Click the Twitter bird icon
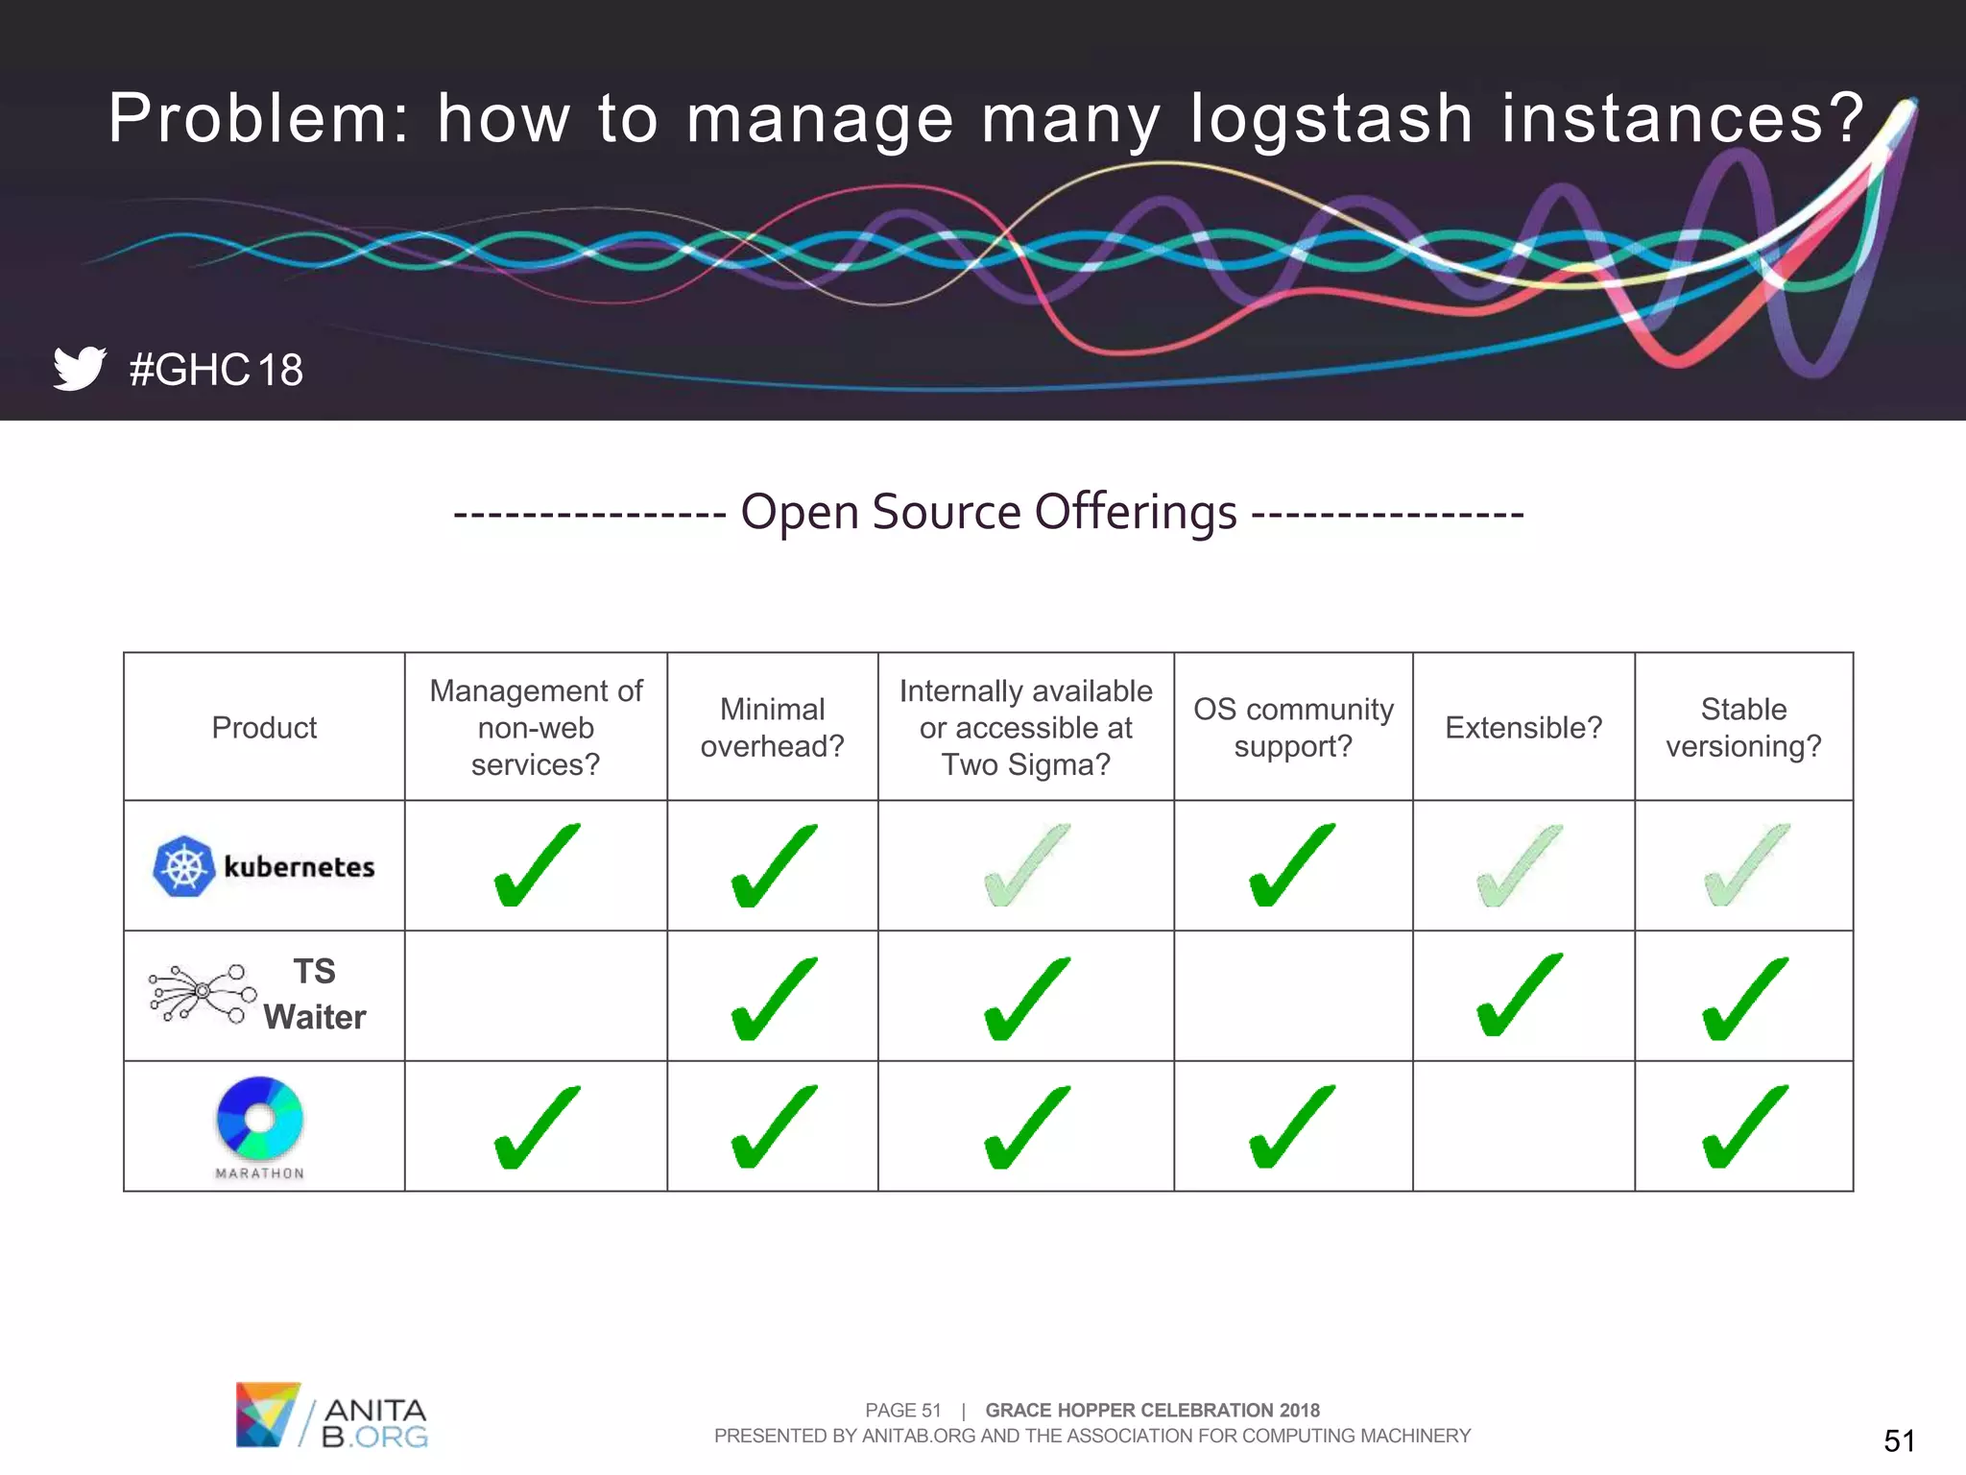pos(79,368)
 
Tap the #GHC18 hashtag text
pos(216,370)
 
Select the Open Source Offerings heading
pos(989,512)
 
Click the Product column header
pos(264,728)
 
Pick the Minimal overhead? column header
pos(772,728)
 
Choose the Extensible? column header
pos(1523,728)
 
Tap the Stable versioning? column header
pos(1743,728)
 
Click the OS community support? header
pos(1293,728)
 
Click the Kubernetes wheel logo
pos(183,866)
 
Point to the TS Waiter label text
pos(314,995)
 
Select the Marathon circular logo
pos(260,1119)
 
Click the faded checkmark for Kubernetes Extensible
pos(1521,865)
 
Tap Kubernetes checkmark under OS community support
pos(1292,865)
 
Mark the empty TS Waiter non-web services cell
pos(536,996)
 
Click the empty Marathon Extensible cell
pos(1523,1126)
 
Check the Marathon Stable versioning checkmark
pos(1744,1127)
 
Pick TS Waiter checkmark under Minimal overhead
pos(774,999)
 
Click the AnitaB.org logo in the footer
pos(331,1415)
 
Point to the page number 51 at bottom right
pos(1899,1440)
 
